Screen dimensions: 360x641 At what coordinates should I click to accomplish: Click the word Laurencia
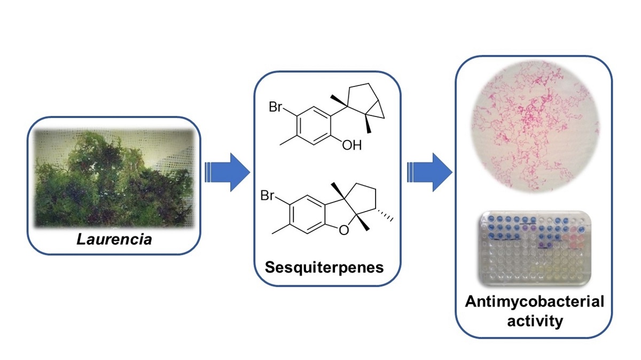(x=114, y=239)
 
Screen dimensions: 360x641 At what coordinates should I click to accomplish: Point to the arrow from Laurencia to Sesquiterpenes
(x=227, y=172)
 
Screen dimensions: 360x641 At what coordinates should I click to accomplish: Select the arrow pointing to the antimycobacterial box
(x=429, y=172)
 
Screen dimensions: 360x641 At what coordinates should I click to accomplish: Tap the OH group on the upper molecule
(x=353, y=144)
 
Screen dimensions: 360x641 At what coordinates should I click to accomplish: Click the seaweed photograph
(x=114, y=176)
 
